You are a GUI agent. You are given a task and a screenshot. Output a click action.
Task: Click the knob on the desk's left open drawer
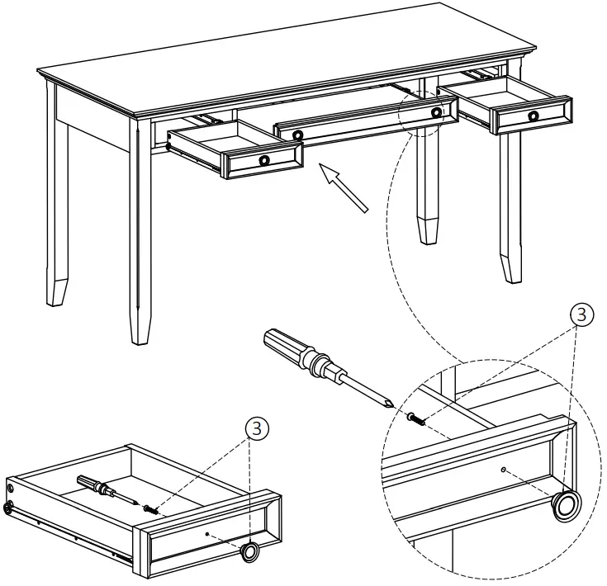pos(264,159)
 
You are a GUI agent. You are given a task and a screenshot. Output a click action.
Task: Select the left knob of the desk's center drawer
pos(297,135)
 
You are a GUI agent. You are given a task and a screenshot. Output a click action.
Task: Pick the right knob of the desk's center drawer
pos(436,112)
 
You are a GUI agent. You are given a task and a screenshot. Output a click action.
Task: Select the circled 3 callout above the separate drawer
pos(258,427)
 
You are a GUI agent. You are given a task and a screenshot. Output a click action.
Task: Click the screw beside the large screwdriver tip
pos(416,419)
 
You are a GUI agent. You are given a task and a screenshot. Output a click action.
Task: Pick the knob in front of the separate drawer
pos(249,551)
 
